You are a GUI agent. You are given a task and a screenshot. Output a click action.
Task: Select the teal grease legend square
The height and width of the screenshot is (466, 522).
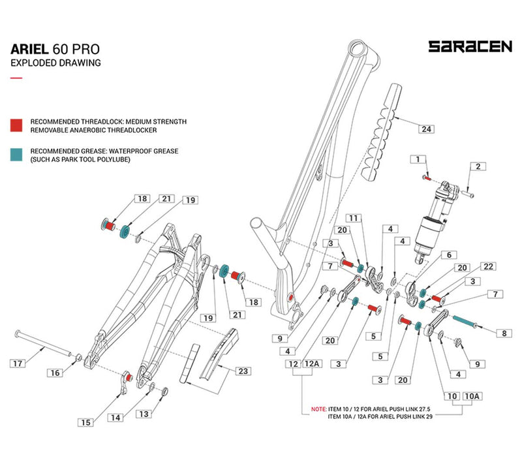click(17, 155)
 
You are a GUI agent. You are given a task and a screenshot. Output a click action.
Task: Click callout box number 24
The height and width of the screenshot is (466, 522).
click(426, 130)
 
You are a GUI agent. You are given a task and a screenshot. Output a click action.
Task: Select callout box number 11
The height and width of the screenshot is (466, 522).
click(354, 217)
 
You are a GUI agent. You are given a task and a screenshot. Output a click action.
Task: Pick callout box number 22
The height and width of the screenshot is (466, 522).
click(489, 266)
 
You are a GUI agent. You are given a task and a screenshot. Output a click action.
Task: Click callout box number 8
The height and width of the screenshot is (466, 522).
click(503, 334)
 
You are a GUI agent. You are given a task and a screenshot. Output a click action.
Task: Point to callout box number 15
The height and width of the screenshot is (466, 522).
click(85, 422)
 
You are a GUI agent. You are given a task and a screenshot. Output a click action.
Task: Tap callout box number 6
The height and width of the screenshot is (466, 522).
click(448, 255)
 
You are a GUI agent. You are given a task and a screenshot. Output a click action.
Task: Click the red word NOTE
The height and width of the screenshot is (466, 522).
click(319, 409)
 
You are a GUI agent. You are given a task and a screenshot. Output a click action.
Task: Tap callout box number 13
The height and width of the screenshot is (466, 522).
click(143, 414)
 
